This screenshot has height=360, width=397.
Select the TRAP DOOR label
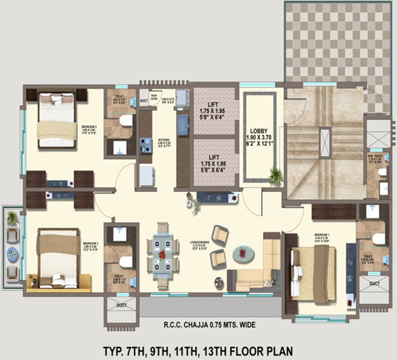point(153,95)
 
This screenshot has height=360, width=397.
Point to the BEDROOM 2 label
point(89,127)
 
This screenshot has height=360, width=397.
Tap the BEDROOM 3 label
point(90,244)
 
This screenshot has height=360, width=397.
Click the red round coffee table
point(243,254)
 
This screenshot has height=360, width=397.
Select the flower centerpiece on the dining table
point(162,255)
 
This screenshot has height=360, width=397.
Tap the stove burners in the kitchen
point(146,145)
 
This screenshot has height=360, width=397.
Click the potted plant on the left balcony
point(12,217)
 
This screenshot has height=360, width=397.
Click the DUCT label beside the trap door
point(143,100)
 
